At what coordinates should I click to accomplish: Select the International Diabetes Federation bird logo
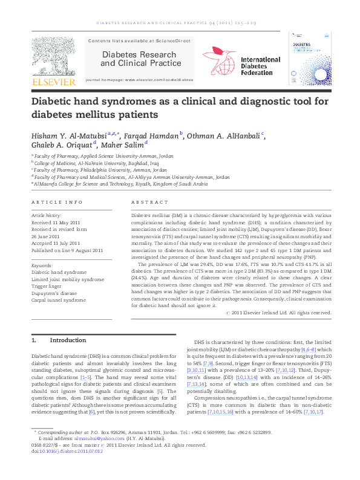click(x=219, y=60)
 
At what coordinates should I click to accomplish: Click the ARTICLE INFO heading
click(x=56, y=201)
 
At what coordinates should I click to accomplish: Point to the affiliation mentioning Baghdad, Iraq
click(x=97, y=163)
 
